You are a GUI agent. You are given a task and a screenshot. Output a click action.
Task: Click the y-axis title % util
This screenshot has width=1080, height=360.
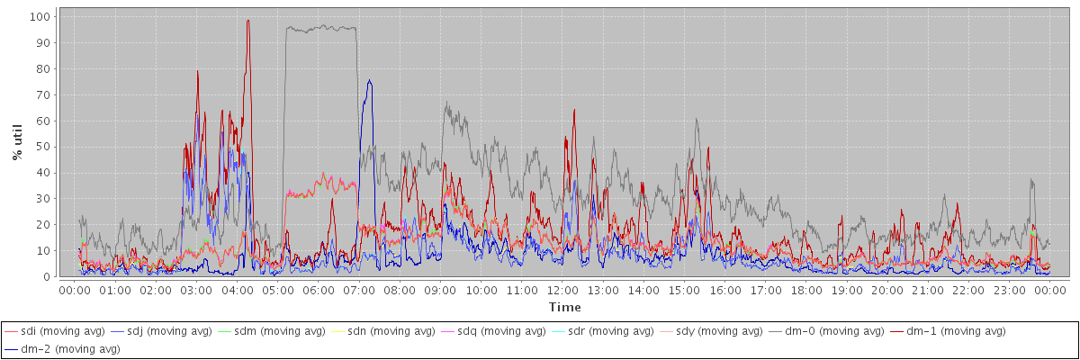coord(17,142)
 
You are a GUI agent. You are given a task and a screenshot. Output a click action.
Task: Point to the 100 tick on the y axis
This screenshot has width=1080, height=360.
coord(39,16)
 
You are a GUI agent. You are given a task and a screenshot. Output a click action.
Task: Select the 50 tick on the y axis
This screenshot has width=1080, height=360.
coord(42,147)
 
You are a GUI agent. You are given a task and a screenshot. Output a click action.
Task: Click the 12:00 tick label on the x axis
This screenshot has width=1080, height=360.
coord(562,291)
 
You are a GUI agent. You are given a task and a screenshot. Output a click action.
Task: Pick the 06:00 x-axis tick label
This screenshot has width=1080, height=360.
coord(318,291)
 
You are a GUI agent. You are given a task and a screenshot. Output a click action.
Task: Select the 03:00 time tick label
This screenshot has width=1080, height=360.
coord(196,291)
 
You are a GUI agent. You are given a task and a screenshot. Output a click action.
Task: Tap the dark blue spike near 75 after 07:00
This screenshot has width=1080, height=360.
coord(369,80)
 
